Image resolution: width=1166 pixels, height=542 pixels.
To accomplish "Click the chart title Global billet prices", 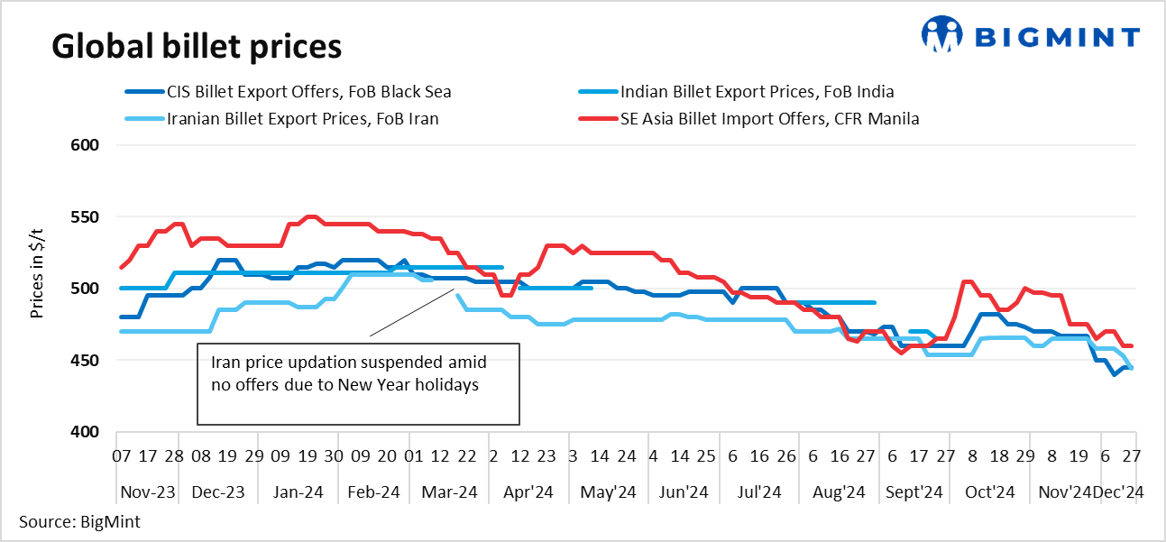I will [197, 46].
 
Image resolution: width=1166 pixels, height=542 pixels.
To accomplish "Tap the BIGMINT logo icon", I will [943, 34].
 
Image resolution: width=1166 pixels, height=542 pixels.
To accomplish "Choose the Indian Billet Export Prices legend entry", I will [757, 91].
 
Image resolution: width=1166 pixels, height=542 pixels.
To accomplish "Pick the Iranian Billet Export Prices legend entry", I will [302, 118].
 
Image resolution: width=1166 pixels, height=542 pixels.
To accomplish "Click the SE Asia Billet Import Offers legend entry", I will [769, 118].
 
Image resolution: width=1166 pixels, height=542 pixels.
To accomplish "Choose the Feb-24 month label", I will [372, 492].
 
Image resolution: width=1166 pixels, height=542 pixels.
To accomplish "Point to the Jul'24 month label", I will [759, 492].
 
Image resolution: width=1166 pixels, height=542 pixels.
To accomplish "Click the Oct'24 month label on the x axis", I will [990, 492].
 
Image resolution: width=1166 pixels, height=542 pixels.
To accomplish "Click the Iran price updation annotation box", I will [359, 383].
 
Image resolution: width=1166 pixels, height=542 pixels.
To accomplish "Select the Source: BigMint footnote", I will [79, 522].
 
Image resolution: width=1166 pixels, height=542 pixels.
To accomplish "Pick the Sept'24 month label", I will [914, 492].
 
